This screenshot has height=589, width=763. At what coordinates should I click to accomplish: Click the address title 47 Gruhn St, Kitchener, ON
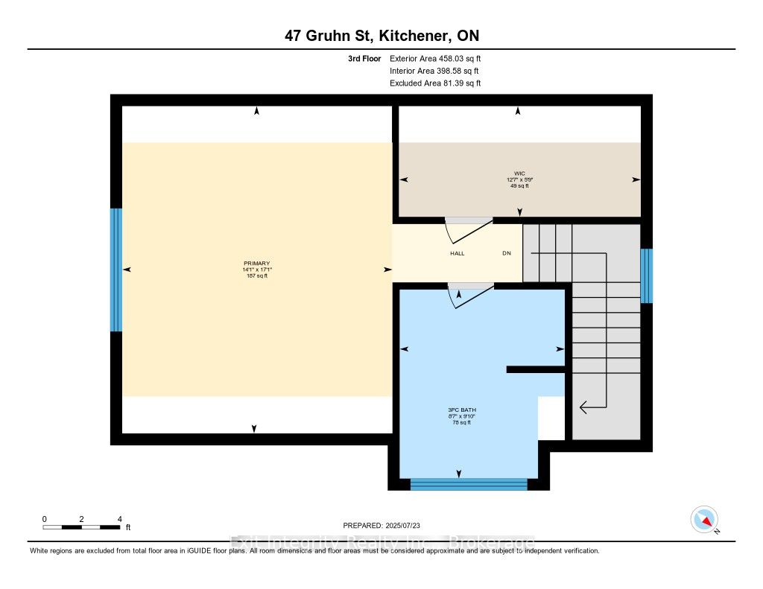(x=381, y=36)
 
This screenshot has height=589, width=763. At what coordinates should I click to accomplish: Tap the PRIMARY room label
(x=256, y=264)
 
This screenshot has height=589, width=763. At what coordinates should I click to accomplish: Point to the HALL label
(x=457, y=253)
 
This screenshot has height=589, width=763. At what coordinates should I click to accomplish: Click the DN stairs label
(x=507, y=253)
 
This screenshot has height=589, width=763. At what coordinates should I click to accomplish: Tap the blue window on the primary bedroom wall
(x=116, y=270)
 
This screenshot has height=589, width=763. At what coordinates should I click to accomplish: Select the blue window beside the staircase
(x=646, y=276)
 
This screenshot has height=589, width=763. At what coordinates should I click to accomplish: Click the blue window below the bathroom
(x=469, y=484)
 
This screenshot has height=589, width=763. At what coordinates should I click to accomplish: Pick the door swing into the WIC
(x=468, y=230)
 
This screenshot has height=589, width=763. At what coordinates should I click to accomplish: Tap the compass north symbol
(x=704, y=520)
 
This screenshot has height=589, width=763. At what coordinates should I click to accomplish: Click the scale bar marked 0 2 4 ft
(x=81, y=526)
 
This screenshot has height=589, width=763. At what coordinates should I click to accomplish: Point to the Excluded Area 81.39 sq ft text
(x=435, y=83)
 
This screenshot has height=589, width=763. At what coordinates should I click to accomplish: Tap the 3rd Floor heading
(x=364, y=58)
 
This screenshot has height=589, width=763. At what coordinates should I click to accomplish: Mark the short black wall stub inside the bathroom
(x=535, y=369)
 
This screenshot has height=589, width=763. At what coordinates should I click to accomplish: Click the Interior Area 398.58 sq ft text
(x=434, y=71)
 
